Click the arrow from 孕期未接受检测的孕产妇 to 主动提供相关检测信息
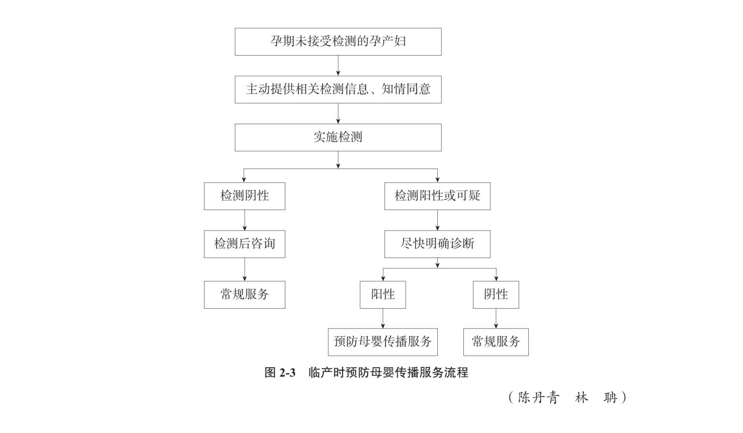pos(338,66)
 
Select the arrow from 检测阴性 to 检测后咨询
pos(244,220)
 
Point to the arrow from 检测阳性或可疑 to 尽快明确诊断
pos(437,220)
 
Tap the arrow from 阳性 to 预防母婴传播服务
pos(383,318)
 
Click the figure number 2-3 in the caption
pos(287,373)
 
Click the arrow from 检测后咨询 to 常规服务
pos(244,270)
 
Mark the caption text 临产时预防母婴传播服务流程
pos(388,373)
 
